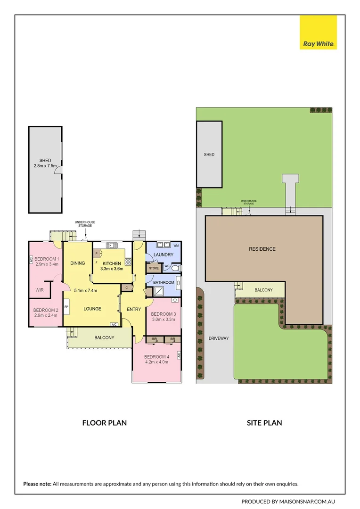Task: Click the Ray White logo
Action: (318, 32)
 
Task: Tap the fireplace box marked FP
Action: (66, 307)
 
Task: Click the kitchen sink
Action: (113, 245)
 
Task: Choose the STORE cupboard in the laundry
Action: (154, 268)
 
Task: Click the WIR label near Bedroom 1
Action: (40, 290)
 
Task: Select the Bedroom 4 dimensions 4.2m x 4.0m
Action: (156, 362)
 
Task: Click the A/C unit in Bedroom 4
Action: (179, 355)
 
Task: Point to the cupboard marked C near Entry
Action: (126, 287)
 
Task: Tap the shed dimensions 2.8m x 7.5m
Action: (45, 166)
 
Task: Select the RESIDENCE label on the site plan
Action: (262, 249)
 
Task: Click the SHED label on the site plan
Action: (209, 154)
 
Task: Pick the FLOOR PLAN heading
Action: (104, 423)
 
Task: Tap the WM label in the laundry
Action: (176, 246)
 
